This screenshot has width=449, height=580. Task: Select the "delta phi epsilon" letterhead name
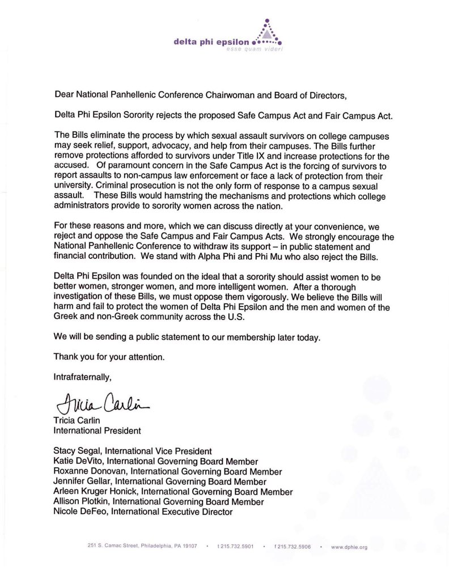coord(213,41)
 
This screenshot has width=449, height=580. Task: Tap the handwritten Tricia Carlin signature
coord(97,404)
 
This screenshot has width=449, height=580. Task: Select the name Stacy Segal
coord(74,451)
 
